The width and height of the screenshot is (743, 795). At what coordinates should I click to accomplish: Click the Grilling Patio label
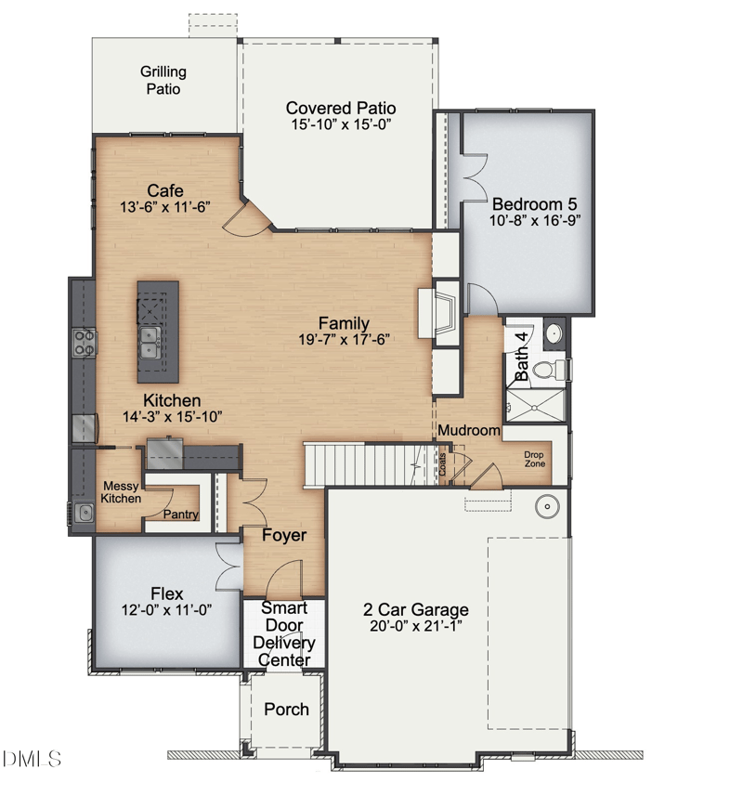(163, 80)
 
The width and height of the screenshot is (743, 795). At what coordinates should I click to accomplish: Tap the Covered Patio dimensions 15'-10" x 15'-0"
(342, 124)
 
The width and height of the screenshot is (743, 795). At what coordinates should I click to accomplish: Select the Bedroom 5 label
(535, 204)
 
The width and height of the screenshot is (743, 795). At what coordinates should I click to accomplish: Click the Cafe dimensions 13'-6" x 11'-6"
(165, 207)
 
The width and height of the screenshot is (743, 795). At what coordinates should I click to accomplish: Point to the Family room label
(344, 323)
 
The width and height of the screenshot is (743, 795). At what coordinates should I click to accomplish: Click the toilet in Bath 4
(549, 369)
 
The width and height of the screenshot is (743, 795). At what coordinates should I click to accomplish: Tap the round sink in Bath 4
(554, 333)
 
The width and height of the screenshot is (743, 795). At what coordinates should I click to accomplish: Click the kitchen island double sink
(150, 343)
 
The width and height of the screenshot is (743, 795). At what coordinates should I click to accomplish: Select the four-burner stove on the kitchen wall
(85, 342)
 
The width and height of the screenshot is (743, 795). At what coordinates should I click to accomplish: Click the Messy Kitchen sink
(85, 513)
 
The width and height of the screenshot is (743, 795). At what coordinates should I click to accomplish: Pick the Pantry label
(180, 515)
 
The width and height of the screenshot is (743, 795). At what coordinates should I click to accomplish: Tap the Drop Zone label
(535, 459)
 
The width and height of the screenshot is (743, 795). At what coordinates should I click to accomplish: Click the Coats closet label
(443, 464)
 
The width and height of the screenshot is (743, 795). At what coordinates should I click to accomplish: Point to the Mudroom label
(469, 430)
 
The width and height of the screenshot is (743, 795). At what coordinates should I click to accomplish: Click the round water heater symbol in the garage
(548, 506)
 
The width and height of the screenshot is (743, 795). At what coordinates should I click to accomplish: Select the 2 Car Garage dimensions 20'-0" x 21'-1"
(416, 626)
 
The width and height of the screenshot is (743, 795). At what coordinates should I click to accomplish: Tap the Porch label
(287, 710)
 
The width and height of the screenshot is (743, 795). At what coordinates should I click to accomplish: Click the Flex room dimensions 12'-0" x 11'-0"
(166, 610)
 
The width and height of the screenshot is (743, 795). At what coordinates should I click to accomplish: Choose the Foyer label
(284, 535)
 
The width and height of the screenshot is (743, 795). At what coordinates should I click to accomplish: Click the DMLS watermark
(32, 759)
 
